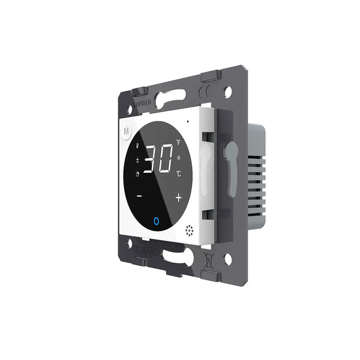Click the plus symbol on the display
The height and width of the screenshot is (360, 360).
click(178, 197)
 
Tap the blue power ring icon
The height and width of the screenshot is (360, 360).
click(157, 222)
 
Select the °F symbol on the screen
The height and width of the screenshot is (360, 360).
click(178, 143)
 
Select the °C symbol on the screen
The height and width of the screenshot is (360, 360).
click(178, 174)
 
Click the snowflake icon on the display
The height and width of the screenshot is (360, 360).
click(178, 158)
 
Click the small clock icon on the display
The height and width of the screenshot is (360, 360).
click(137, 175)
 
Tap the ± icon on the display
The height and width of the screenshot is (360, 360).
click(137, 160)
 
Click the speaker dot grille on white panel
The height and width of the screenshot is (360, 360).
click(190, 230)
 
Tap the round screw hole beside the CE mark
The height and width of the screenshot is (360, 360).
click(227, 92)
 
